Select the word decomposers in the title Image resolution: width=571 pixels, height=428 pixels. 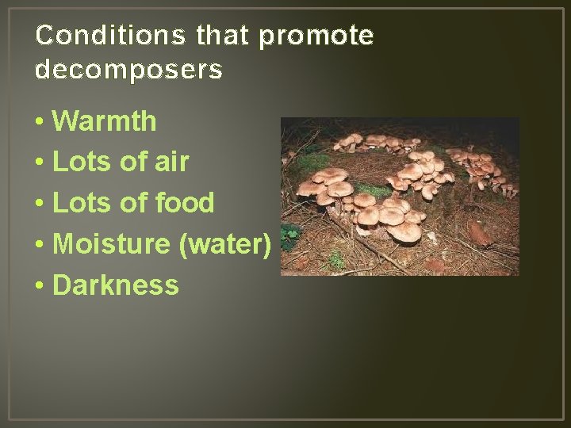[128, 70]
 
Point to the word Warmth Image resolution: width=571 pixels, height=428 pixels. [105, 121]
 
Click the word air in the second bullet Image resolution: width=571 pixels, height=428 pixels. [172, 162]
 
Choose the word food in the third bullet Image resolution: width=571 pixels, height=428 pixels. [184, 203]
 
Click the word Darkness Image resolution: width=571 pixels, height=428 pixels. [116, 285]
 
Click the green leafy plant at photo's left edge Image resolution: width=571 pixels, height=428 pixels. [291, 233]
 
